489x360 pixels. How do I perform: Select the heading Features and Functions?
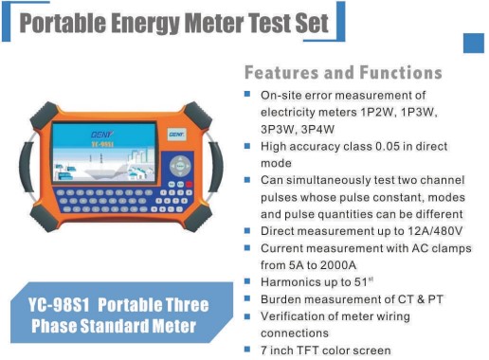(x=343, y=73)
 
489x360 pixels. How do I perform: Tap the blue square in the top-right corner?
(x=474, y=43)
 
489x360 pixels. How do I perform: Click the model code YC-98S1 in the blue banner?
(x=59, y=305)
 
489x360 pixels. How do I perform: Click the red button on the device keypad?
(x=189, y=185)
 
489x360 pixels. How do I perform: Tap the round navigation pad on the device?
(x=180, y=166)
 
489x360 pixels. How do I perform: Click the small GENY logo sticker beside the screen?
(x=176, y=135)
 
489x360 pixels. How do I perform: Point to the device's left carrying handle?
(x=27, y=167)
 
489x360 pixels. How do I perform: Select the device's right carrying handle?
(x=216, y=167)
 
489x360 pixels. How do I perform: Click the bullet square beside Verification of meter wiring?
(x=247, y=315)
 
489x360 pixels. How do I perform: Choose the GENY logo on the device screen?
(x=102, y=135)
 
